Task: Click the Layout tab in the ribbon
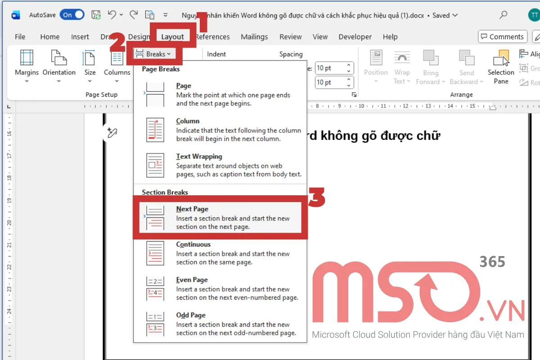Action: (172, 37)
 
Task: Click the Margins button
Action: (27, 65)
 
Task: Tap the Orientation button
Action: (59, 65)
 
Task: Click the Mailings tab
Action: (254, 37)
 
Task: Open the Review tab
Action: (290, 37)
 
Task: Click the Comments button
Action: (502, 37)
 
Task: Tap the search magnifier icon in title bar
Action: (504, 15)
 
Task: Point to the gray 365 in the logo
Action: (492, 261)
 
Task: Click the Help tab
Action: (390, 37)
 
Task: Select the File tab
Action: (20, 37)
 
